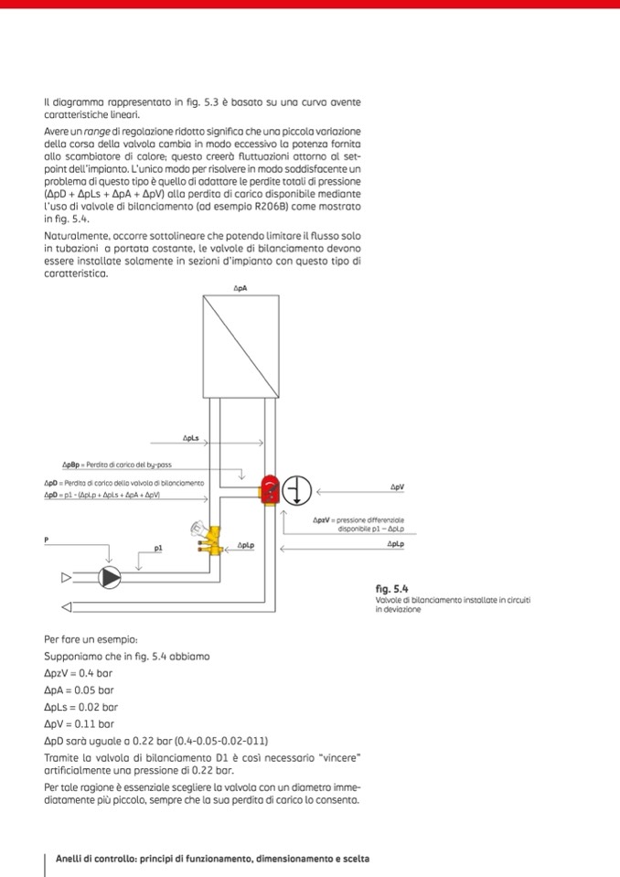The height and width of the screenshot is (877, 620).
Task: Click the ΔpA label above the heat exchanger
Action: [x=241, y=289]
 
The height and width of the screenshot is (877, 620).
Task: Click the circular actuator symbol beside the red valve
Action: [x=296, y=491]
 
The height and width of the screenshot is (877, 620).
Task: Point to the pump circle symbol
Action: [x=110, y=577]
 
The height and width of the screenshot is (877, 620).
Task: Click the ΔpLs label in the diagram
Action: [x=191, y=439]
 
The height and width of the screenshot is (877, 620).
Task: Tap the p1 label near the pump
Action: [x=158, y=549]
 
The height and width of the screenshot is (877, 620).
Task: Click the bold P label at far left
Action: [x=46, y=540]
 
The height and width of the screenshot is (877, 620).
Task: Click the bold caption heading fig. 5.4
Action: [x=390, y=589]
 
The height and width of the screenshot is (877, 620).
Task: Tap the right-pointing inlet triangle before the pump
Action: [x=66, y=577]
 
